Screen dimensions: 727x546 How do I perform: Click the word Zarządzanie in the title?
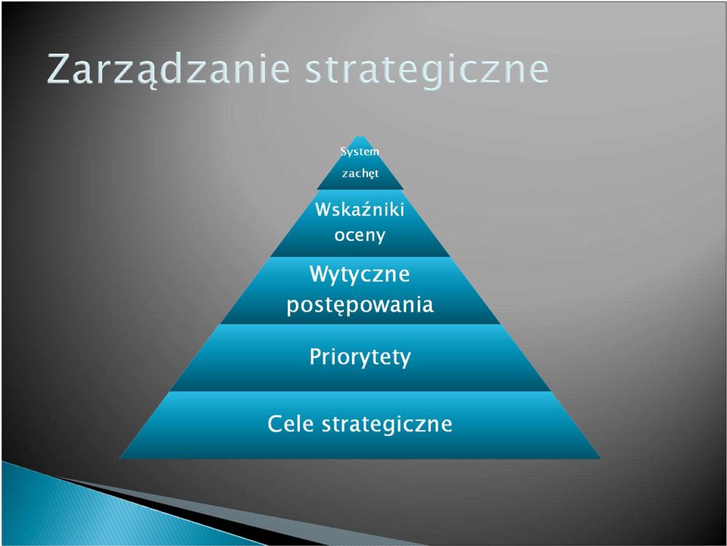(168, 71)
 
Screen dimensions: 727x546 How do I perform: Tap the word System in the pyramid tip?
(360, 152)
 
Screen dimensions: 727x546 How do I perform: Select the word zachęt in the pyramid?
(360, 174)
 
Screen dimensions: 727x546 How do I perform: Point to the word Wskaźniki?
(360, 209)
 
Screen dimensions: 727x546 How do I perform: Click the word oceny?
(360, 235)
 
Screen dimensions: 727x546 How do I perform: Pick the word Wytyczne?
(359, 275)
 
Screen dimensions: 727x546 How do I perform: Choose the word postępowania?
(360, 306)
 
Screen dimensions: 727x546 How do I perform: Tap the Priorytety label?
(360, 357)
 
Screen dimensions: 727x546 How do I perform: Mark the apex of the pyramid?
(360, 136)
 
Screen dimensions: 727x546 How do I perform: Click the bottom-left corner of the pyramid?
(120, 459)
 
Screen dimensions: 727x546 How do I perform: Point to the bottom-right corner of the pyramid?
(601, 459)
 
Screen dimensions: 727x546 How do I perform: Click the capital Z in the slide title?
(60, 69)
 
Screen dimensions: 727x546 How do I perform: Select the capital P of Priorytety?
(315, 356)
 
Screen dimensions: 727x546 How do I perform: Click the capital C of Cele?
(276, 423)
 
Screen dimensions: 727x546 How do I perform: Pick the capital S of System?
(344, 152)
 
